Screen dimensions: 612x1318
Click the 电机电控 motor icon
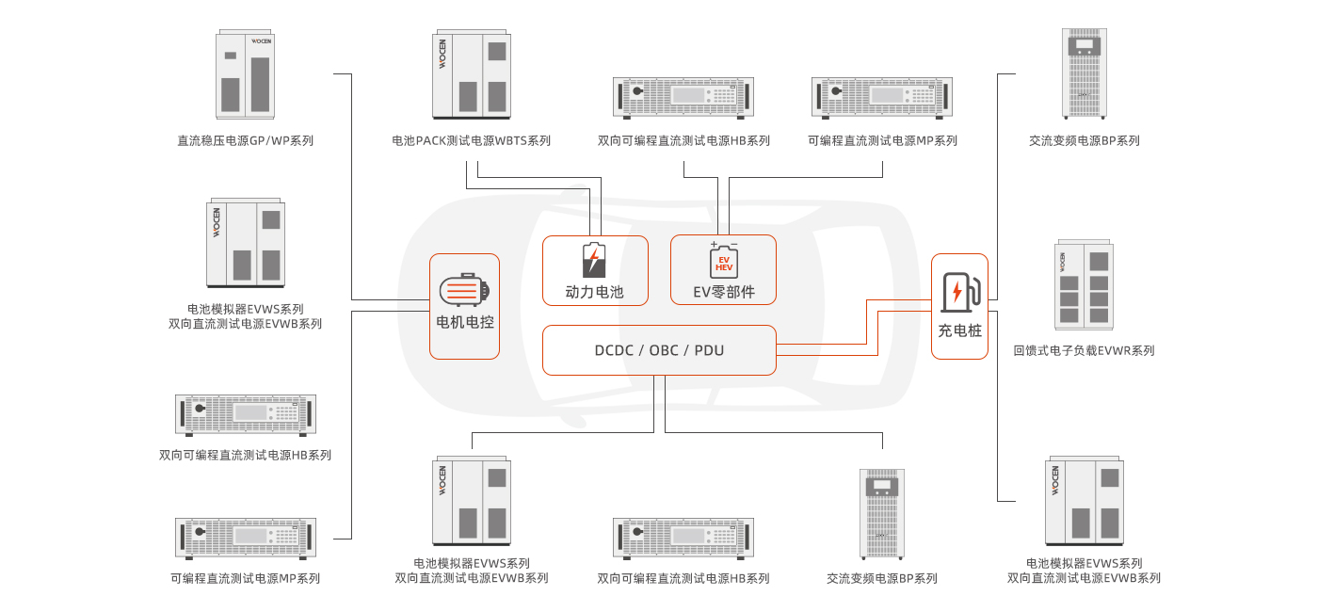coord(464,291)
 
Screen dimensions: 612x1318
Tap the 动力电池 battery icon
coord(594,261)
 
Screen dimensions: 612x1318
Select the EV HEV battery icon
coord(723,260)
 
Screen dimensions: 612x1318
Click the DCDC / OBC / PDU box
coord(659,350)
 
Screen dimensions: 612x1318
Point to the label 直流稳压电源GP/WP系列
coord(246,141)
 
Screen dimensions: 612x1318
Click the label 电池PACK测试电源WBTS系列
coord(472,141)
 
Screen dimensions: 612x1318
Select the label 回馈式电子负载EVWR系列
coord(1084,351)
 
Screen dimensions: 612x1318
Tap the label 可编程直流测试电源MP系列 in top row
coord(882,141)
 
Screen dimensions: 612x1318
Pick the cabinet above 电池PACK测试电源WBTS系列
coord(472,75)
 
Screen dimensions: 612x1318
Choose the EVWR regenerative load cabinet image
coord(1085,285)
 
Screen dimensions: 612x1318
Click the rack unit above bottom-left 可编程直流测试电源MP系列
coord(246,537)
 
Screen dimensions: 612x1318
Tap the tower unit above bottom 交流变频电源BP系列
coord(882,514)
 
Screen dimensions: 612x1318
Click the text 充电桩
coord(959,330)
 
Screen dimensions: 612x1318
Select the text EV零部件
coord(723,292)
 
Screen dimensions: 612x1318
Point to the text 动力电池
coord(594,292)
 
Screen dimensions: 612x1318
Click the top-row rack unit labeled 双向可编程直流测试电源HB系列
coord(683,96)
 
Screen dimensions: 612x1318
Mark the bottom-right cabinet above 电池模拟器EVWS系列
coord(1085,501)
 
